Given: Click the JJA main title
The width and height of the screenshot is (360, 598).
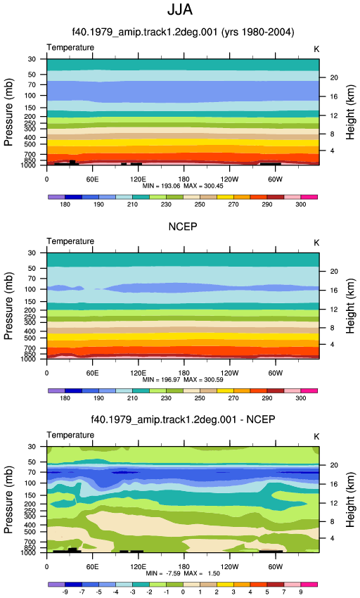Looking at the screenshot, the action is [180, 10].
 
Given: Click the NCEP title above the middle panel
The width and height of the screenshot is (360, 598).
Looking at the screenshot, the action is [183, 227].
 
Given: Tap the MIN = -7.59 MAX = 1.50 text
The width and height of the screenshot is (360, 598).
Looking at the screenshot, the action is [183, 573].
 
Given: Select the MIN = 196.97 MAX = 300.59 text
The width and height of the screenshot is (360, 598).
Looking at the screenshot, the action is [183, 379].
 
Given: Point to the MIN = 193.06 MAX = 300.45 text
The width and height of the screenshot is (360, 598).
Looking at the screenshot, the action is [183, 186].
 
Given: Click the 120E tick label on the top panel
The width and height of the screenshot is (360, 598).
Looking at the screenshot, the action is [138, 179].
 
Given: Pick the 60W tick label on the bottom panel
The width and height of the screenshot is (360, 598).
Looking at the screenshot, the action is [275, 567].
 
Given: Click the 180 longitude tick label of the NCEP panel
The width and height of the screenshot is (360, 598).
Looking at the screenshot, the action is [184, 373].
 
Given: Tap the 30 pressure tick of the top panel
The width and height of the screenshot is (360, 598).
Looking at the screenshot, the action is [32, 59].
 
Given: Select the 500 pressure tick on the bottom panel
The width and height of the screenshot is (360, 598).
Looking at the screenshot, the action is [30, 532].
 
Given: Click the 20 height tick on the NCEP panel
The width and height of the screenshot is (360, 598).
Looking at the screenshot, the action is [334, 272].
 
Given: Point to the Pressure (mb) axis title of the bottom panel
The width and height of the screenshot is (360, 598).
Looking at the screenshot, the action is [8, 500].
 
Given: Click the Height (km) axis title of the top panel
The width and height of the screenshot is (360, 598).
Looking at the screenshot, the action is [350, 112].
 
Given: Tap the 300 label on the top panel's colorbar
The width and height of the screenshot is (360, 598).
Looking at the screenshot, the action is [300, 205].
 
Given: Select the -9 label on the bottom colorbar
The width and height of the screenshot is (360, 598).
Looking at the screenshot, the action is [65, 592].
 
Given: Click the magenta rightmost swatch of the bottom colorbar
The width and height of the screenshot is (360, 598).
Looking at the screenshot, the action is [309, 584].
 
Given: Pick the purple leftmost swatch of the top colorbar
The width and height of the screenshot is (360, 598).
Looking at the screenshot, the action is [56, 197].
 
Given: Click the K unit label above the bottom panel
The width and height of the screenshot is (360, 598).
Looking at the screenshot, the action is [316, 437].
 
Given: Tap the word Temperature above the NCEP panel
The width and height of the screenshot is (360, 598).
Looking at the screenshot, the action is [70, 241].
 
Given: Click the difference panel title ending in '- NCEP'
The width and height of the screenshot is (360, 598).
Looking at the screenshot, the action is [183, 419].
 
